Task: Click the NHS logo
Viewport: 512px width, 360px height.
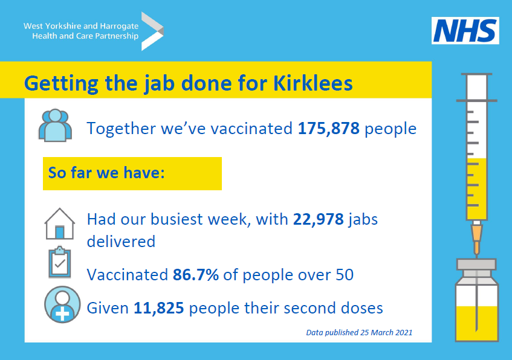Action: [465, 30]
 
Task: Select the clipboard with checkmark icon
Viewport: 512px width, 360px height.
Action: [59, 263]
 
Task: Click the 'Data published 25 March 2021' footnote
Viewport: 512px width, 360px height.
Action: [359, 332]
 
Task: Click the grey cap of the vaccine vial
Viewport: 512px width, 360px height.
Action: [476, 265]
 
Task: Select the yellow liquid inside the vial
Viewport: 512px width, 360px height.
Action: [476, 323]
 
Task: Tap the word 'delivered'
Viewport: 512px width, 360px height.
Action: [121, 241]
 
